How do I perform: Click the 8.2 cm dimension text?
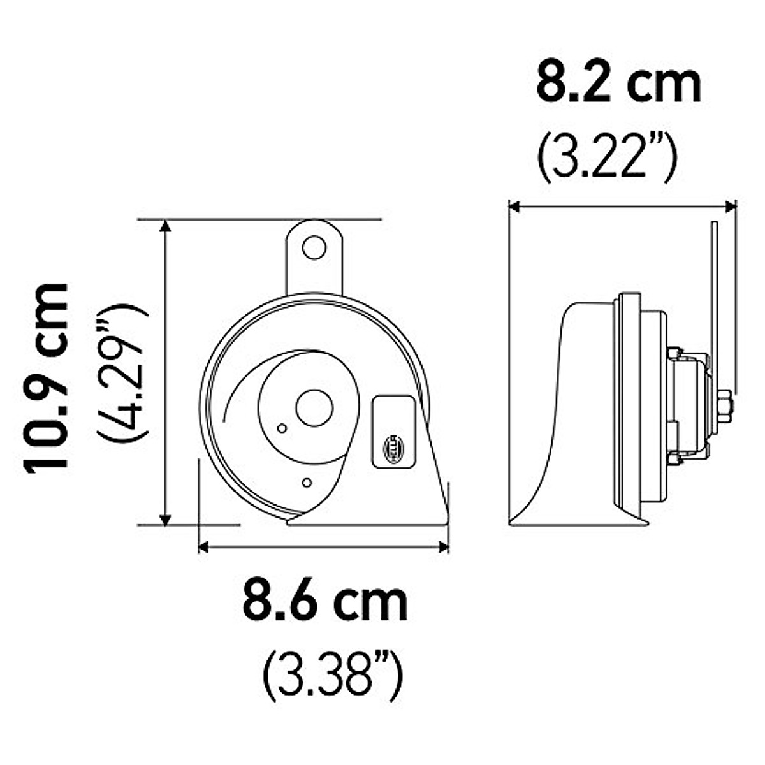tap(618, 83)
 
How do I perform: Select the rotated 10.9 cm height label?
tap(46, 376)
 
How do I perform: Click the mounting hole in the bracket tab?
tap(314, 247)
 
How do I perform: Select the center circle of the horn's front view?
tap(314, 408)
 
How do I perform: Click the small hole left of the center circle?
tap(281, 428)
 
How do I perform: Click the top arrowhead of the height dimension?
tap(166, 227)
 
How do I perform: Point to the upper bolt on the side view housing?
tap(674, 354)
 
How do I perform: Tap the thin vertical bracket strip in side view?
tap(715, 287)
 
